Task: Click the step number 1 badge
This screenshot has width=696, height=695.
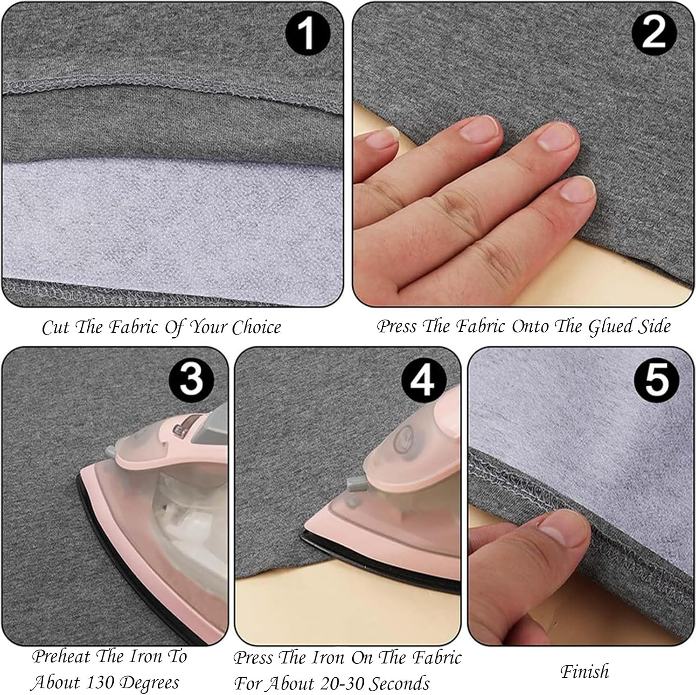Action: (308, 34)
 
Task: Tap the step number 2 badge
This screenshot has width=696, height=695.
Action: (654, 33)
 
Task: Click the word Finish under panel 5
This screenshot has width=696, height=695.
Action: (584, 671)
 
